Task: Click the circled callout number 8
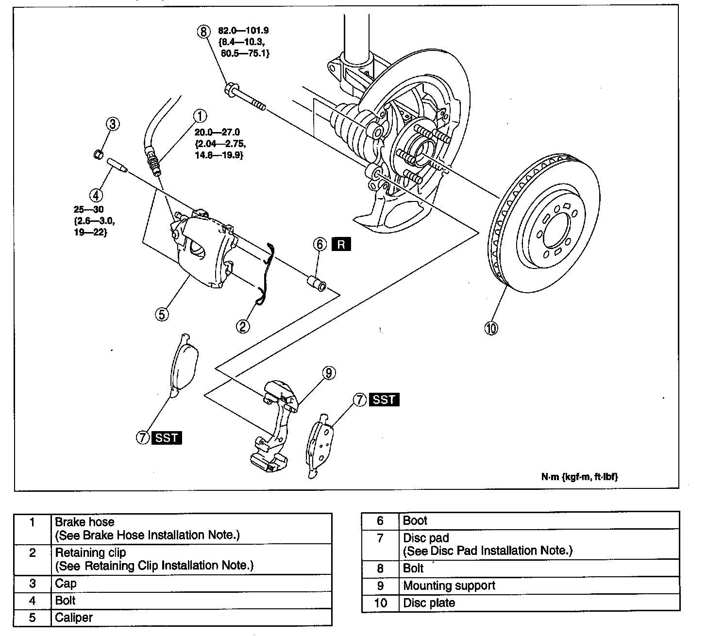tap(203, 32)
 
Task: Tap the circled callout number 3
tap(113, 124)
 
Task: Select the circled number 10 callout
tap(491, 328)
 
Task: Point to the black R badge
tap(341, 244)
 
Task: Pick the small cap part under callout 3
tap(98, 155)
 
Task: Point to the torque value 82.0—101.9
tap(248, 31)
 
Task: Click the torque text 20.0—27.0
tap(217, 132)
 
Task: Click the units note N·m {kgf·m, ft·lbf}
tap(580, 476)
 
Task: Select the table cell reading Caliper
tap(74, 617)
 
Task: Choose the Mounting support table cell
tap(449, 586)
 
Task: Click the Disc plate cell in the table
tap(429, 603)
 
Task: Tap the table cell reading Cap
tap(66, 583)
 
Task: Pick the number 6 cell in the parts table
tap(380, 521)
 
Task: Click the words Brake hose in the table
tap(84, 522)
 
